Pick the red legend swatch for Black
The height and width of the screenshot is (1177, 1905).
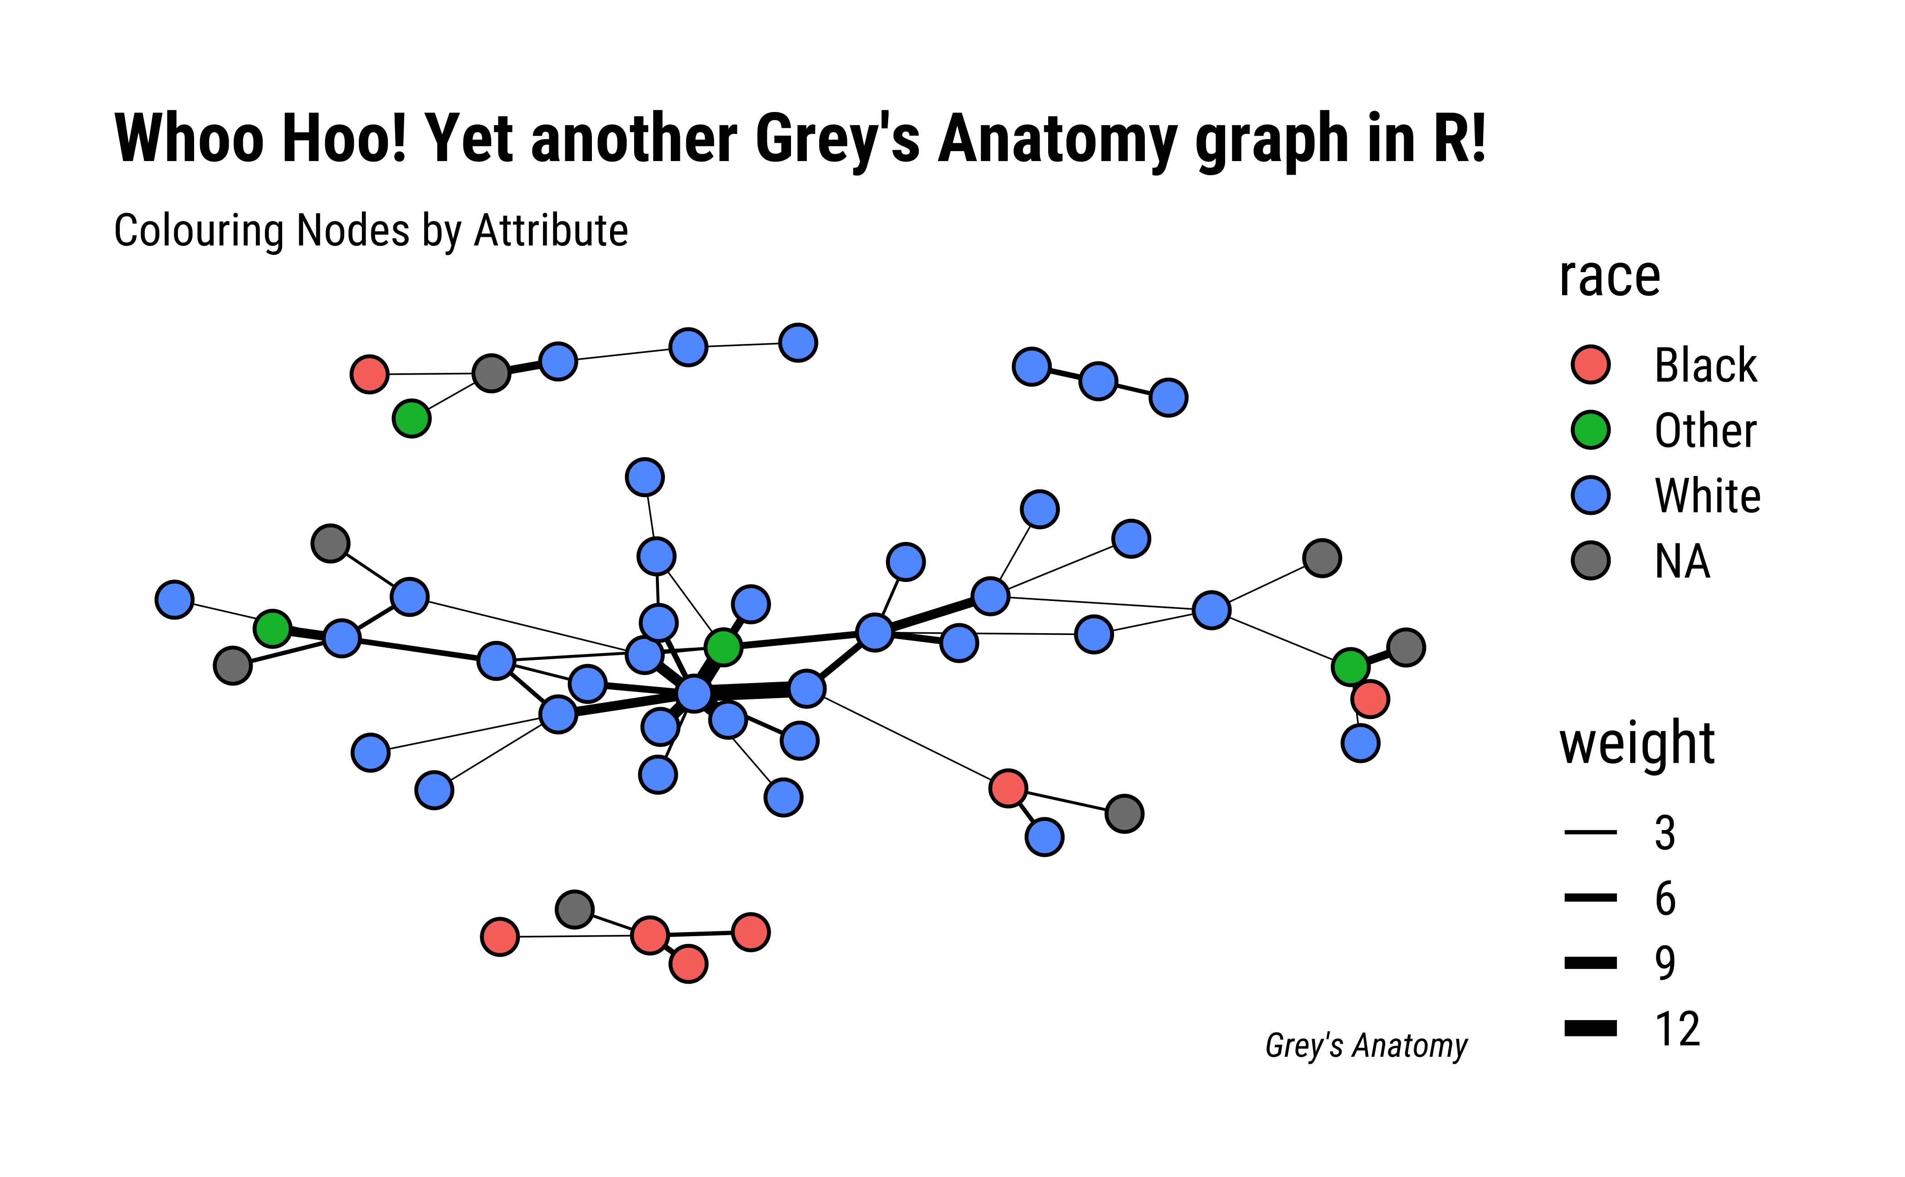[x=1591, y=364]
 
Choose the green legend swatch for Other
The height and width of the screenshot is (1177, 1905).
[x=1591, y=430]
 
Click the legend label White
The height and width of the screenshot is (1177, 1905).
[x=1707, y=495]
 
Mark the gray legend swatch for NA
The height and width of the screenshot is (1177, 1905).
[x=1591, y=561]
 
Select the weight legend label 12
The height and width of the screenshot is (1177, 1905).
[x=1678, y=1029]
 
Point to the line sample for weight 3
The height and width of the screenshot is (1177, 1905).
[x=1591, y=832]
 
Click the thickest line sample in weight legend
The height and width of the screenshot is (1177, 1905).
[x=1591, y=1028]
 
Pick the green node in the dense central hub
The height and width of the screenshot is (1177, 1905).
[x=723, y=646]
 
